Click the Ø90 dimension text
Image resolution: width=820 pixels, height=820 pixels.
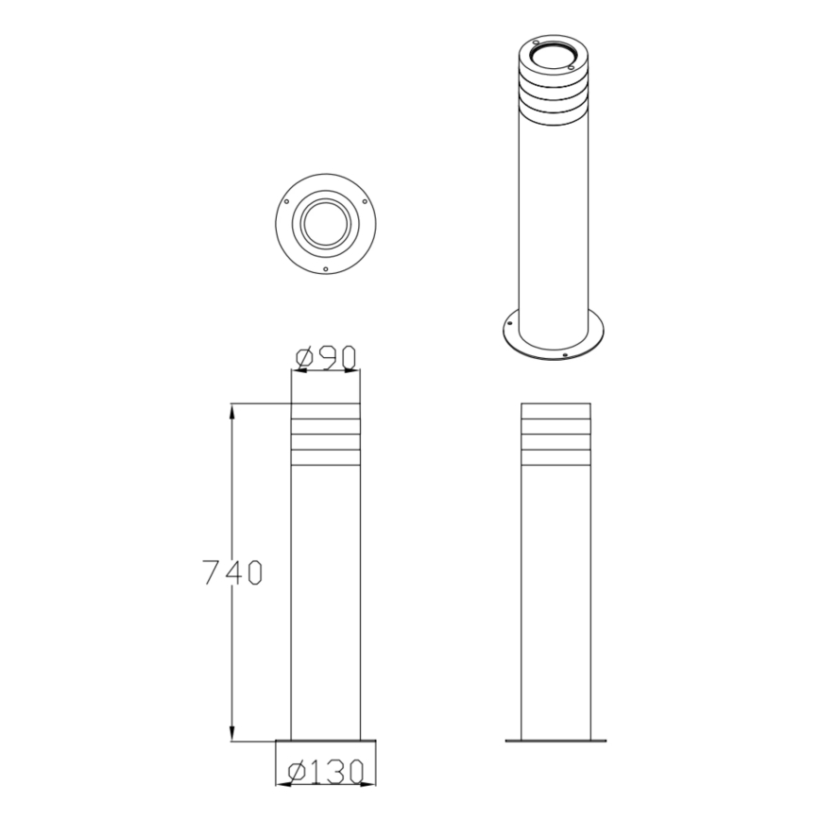(x=326, y=358)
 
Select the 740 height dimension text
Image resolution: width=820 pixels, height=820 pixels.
(x=232, y=572)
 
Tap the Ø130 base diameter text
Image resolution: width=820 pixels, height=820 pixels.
(x=326, y=773)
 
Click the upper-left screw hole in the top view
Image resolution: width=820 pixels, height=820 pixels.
(x=284, y=201)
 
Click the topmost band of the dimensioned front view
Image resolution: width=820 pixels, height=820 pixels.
(x=326, y=411)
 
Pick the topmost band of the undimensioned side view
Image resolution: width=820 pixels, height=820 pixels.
(x=556, y=411)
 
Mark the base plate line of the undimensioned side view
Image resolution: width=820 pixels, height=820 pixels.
(x=556, y=741)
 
